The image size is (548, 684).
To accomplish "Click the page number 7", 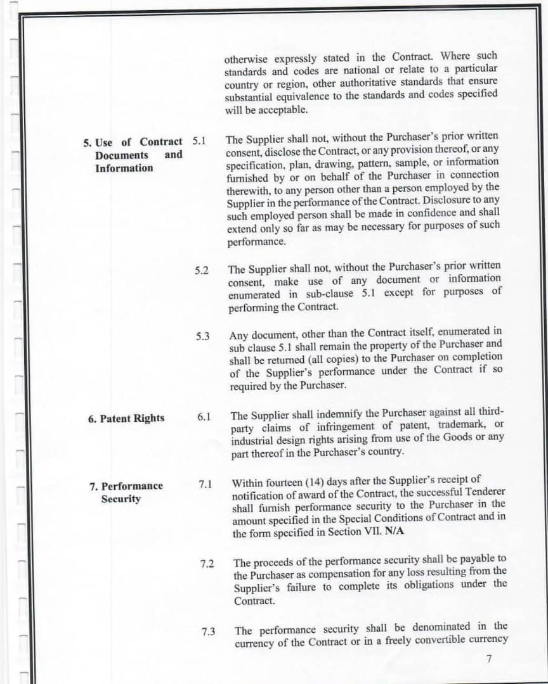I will [x=489, y=659].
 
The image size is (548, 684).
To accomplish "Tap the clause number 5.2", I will [x=202, y=270].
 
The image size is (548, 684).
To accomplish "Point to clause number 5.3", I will [x=203, y=336].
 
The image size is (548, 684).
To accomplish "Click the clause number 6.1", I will [x=204, y=417].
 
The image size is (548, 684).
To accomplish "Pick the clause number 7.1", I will [x=205, y=484].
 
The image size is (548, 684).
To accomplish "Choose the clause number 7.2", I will [x=207, y=564].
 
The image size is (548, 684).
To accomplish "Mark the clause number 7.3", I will [x=209, y=631].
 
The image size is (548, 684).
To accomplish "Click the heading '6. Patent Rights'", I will [x=126, y=418].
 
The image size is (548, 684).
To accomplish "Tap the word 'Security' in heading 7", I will [x=121, y=499].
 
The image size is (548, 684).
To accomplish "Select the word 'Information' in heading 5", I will [x=124, y=168].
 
